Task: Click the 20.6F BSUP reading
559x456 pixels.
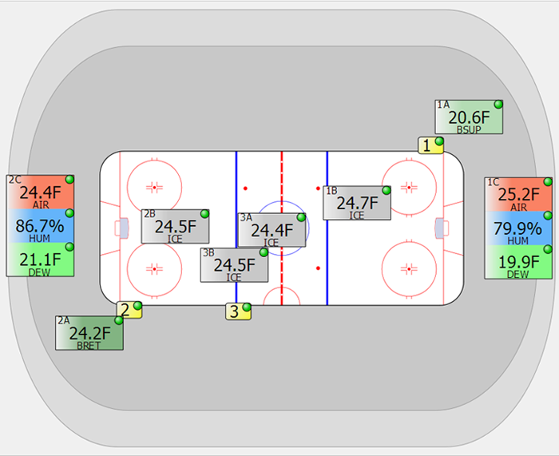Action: pyautogui.click(x=469, y=117)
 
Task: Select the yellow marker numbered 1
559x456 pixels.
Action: pyautogui.click(x=430, y=145)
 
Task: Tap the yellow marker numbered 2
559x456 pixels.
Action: pyautogui.click(x=129, y=310)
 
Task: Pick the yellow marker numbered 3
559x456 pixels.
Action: pyautogui.click(x=238, y=311)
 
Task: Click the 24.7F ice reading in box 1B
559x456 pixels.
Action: pyautogui.click(x=357, y=203)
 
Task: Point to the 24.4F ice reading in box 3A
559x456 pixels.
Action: pyautogui.click(x=272, y=230)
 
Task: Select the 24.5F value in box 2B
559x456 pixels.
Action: pyautogui.click(x=176, y=227)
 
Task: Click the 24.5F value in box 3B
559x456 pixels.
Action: pyautogui.click(x=234, y=265)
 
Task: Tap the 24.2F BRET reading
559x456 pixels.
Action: pyautogui.click(x=89, y=333)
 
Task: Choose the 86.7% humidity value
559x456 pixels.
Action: pyautogui.click(x=40, y=226)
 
